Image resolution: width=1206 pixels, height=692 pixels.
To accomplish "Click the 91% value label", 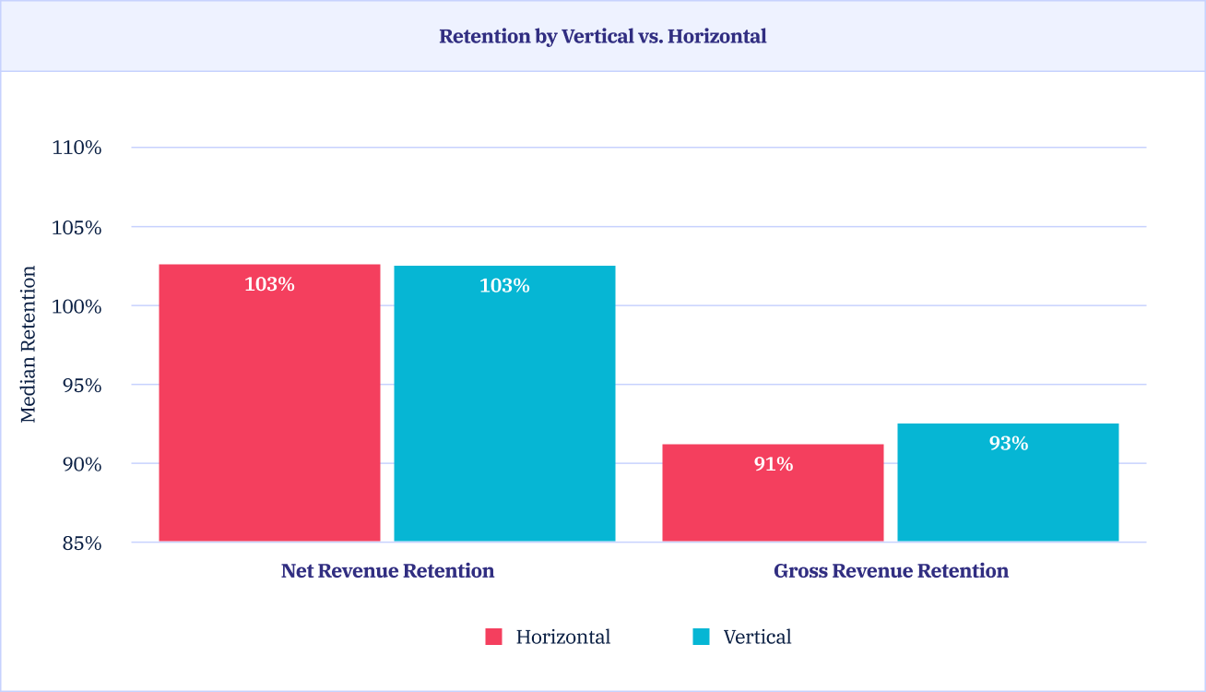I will pyautogui.click(x=773, y=464).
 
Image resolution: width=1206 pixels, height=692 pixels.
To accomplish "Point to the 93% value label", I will pyautogui.click(x=1008, y=444).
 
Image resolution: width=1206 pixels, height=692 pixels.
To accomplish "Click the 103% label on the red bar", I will pyautogui.click(x=269, y=284).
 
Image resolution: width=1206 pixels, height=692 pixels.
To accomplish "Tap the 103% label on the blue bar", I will pyautogui.click(x=504, y=286).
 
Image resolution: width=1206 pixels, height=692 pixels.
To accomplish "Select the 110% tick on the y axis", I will pyautogui.click(x=77, y=148).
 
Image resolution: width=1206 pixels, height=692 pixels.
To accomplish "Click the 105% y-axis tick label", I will pyautogui.click(x=77, y=227).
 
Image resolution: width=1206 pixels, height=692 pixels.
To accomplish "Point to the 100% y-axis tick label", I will pyautogui.click(x=77, y=306).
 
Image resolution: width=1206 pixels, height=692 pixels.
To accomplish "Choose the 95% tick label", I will pyautogui.click(x=80, y=385).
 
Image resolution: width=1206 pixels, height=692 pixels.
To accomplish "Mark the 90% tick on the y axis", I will pyautogui.click(x=80, y=464).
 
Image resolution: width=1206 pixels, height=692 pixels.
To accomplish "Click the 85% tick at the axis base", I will pyautogui.click(x=80, y=543).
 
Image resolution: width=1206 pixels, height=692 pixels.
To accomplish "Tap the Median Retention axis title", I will pyautogui.click(x=29, y=345).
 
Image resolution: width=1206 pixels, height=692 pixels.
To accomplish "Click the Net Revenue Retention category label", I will pyautogui.click(x=387, y=571).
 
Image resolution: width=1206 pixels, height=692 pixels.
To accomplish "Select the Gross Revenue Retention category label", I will pyautogui.click(x=891, y=571).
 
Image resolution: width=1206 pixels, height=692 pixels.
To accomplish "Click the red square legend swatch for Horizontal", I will pyautogui.click(x=493, y=637).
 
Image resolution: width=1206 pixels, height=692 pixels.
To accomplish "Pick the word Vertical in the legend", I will pyautogui.click(x=757, y=637).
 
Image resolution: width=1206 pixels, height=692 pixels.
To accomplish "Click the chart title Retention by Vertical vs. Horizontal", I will pyautogui.click(x=602, y=37).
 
